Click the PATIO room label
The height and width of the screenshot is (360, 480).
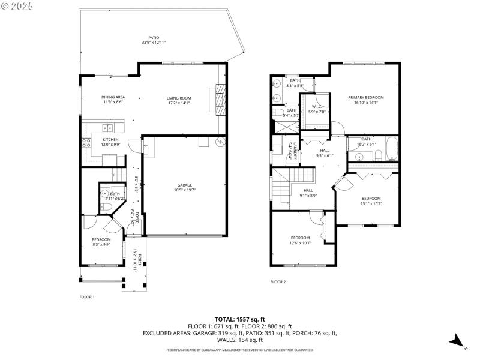pyautogui.click(x=154, y=37)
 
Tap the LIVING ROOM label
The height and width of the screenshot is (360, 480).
pyautogui.click(x=179, y=98)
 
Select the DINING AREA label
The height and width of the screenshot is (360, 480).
pyautogui.click(x=113, y=97)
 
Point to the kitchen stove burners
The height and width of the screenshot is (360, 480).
pyautogui.click(x=85, y=143)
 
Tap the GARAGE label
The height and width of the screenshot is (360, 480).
pyautogui.click(x=184, y=185)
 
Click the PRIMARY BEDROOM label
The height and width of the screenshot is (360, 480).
pyautogui.click(x=366, y=97)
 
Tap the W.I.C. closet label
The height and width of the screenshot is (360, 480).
pyautogui.click(x=317, y=107)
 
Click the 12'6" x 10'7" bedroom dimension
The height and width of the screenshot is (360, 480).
pyautogui.click(x=300, y=243)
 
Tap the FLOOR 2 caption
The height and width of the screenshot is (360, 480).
pyautogui.click(x=278, y=281)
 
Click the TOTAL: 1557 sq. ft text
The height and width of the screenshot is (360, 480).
pyautogui.click(x=239, y=319)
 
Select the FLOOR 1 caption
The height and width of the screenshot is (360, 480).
pyautogui.click(x=88, y=296)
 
